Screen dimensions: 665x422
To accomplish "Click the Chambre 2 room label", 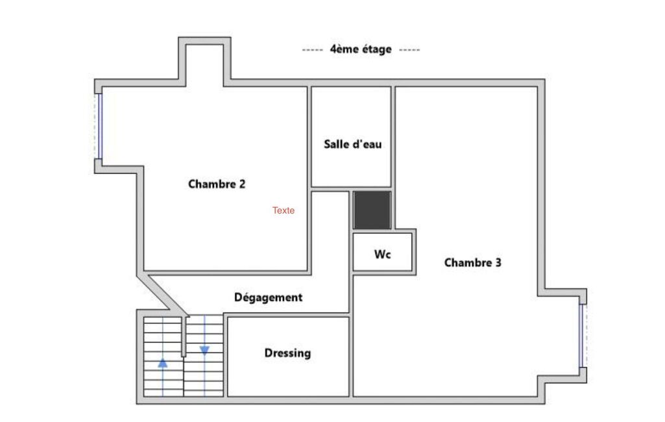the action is click(x=217, y=184).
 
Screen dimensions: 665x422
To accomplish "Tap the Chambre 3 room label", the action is click(x=472, y=262).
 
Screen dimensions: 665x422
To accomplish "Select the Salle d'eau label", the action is click(x=352, y=144).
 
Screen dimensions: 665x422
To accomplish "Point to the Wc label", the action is click(x=382, y=254).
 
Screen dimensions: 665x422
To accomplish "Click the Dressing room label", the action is click(x=287, y=353).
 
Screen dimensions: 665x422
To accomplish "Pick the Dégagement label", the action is click(x=268, y=297).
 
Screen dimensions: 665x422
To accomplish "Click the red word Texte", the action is click(x=284, y=210).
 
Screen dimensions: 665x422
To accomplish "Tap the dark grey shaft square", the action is click(x=372, y=210).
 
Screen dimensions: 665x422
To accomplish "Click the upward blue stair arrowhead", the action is click(x=163, y=363).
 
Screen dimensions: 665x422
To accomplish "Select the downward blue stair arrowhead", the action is click(x=204, y=350).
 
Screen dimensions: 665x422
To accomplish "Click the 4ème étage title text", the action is click(x=361, y=49).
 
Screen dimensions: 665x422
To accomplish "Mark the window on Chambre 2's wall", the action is click(x=100, y=126).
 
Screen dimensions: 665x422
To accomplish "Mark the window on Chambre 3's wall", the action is click(x=582, y=336).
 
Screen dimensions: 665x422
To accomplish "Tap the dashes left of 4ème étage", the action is click(x=313, y=50).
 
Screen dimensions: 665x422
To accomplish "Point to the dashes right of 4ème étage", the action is click(x=409, y=50).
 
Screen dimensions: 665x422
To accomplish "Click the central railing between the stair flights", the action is click(x=184, y=336).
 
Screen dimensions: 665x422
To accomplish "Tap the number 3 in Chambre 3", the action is click(x=498, y=262).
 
